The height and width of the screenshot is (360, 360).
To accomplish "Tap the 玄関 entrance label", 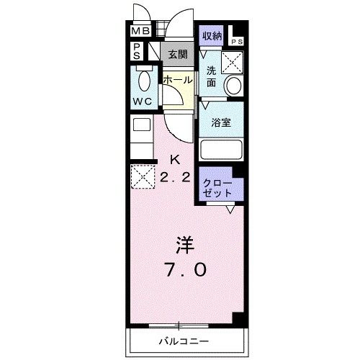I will pyautogui.click(x=177, y=54).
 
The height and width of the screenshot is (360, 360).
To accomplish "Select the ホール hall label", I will pyautogui.click(x=177, y=81).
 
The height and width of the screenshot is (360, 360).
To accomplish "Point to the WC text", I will pyautogui.click(x=142, y=102).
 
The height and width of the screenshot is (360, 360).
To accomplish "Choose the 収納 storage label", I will pyautogui.click(x=211, y=35).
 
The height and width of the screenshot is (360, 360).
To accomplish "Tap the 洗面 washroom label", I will pyautogui.click(x=212, y=77).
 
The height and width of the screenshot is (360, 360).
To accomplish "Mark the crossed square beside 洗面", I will pyautogui.click(x=233, y=63).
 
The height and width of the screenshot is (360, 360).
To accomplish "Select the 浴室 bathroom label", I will pyautogui.click(x=221, y=123).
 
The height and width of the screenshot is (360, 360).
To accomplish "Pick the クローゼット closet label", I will pyautogui.click(x=217, y=186).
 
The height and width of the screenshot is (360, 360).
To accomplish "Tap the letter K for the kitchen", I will pyautogui.click(x=174, y=159).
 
